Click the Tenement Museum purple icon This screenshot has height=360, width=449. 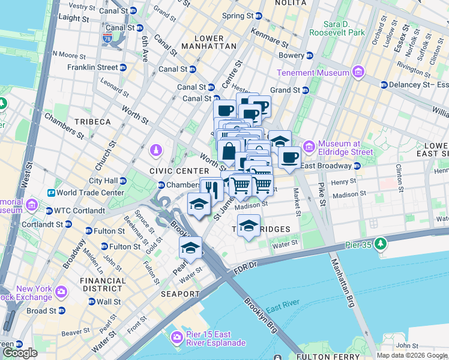click(x=358, y=73)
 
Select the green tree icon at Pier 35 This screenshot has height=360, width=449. click(x=379, y=244)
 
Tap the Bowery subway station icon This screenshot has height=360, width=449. click(x=310, y=56)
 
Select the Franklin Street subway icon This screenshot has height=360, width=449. click(x=123, y=68)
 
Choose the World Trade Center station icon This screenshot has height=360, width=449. click(x=52, y=193)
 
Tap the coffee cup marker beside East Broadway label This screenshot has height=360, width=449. click(x=289, y=158)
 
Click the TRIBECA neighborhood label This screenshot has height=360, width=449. click(x=92, y=122)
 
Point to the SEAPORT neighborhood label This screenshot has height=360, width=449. click(x=180, y=294)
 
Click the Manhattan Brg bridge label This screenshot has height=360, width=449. click(x=342, y=282)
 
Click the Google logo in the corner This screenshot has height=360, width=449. click(x=20, y=353)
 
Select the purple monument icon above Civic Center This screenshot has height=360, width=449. click(x=157, y=149)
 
